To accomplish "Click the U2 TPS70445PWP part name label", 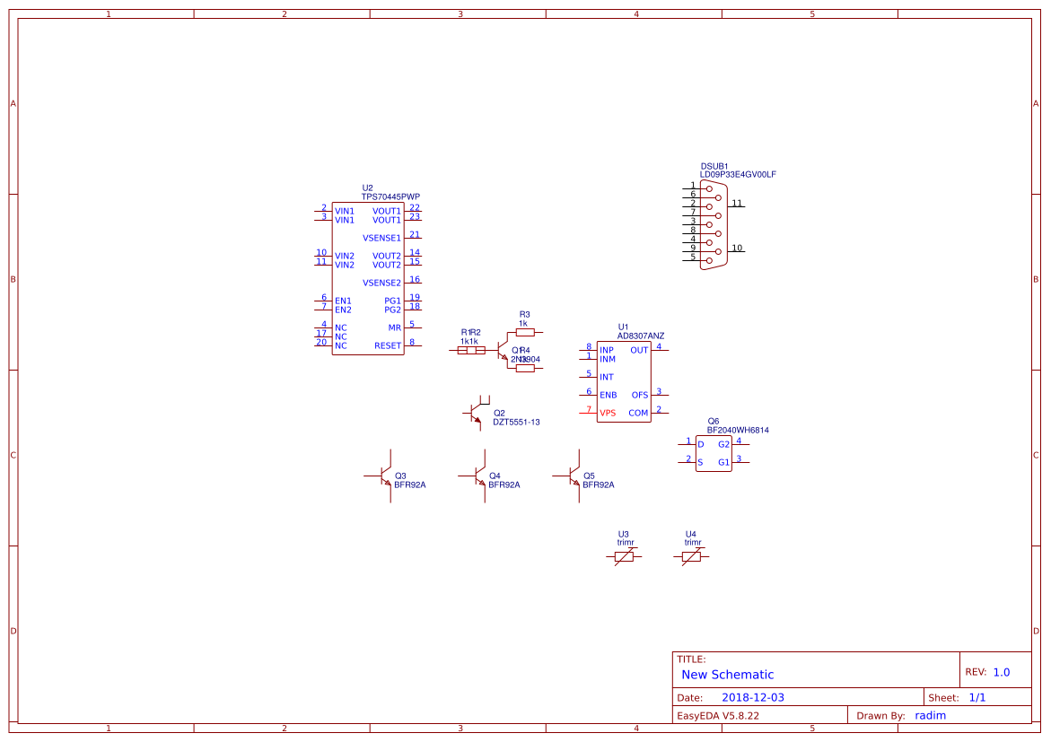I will pos(390,196).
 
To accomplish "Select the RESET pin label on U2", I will pos(388,345).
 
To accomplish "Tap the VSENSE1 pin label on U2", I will pos(381,238).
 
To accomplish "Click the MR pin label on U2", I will pos(395,327).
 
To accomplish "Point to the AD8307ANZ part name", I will pos(641,336).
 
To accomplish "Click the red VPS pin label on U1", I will pos(608,413).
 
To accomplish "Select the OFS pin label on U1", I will pos(639,395).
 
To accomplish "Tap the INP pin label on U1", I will pos(607,350).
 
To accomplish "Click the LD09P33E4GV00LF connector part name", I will pos(738,174).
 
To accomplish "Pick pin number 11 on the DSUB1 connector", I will pos(736,203).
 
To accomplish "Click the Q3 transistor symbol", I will pos(384,476).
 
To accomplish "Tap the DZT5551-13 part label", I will pos(516,422).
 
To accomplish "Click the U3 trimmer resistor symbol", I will pos(624,556).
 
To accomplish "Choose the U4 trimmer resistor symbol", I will pos(691,556).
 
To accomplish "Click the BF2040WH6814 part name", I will pos(738,430).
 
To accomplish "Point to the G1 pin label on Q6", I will pos(723,463).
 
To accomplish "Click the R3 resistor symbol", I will pos(525,332).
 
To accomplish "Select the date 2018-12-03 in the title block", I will pos(753,697).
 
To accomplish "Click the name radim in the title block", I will pos(930,715).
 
